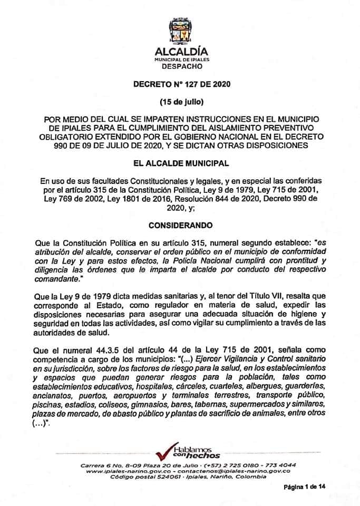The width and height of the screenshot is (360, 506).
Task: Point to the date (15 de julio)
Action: (x=180, y=100)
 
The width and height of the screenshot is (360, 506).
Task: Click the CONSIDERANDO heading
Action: (x=180, y=225)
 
